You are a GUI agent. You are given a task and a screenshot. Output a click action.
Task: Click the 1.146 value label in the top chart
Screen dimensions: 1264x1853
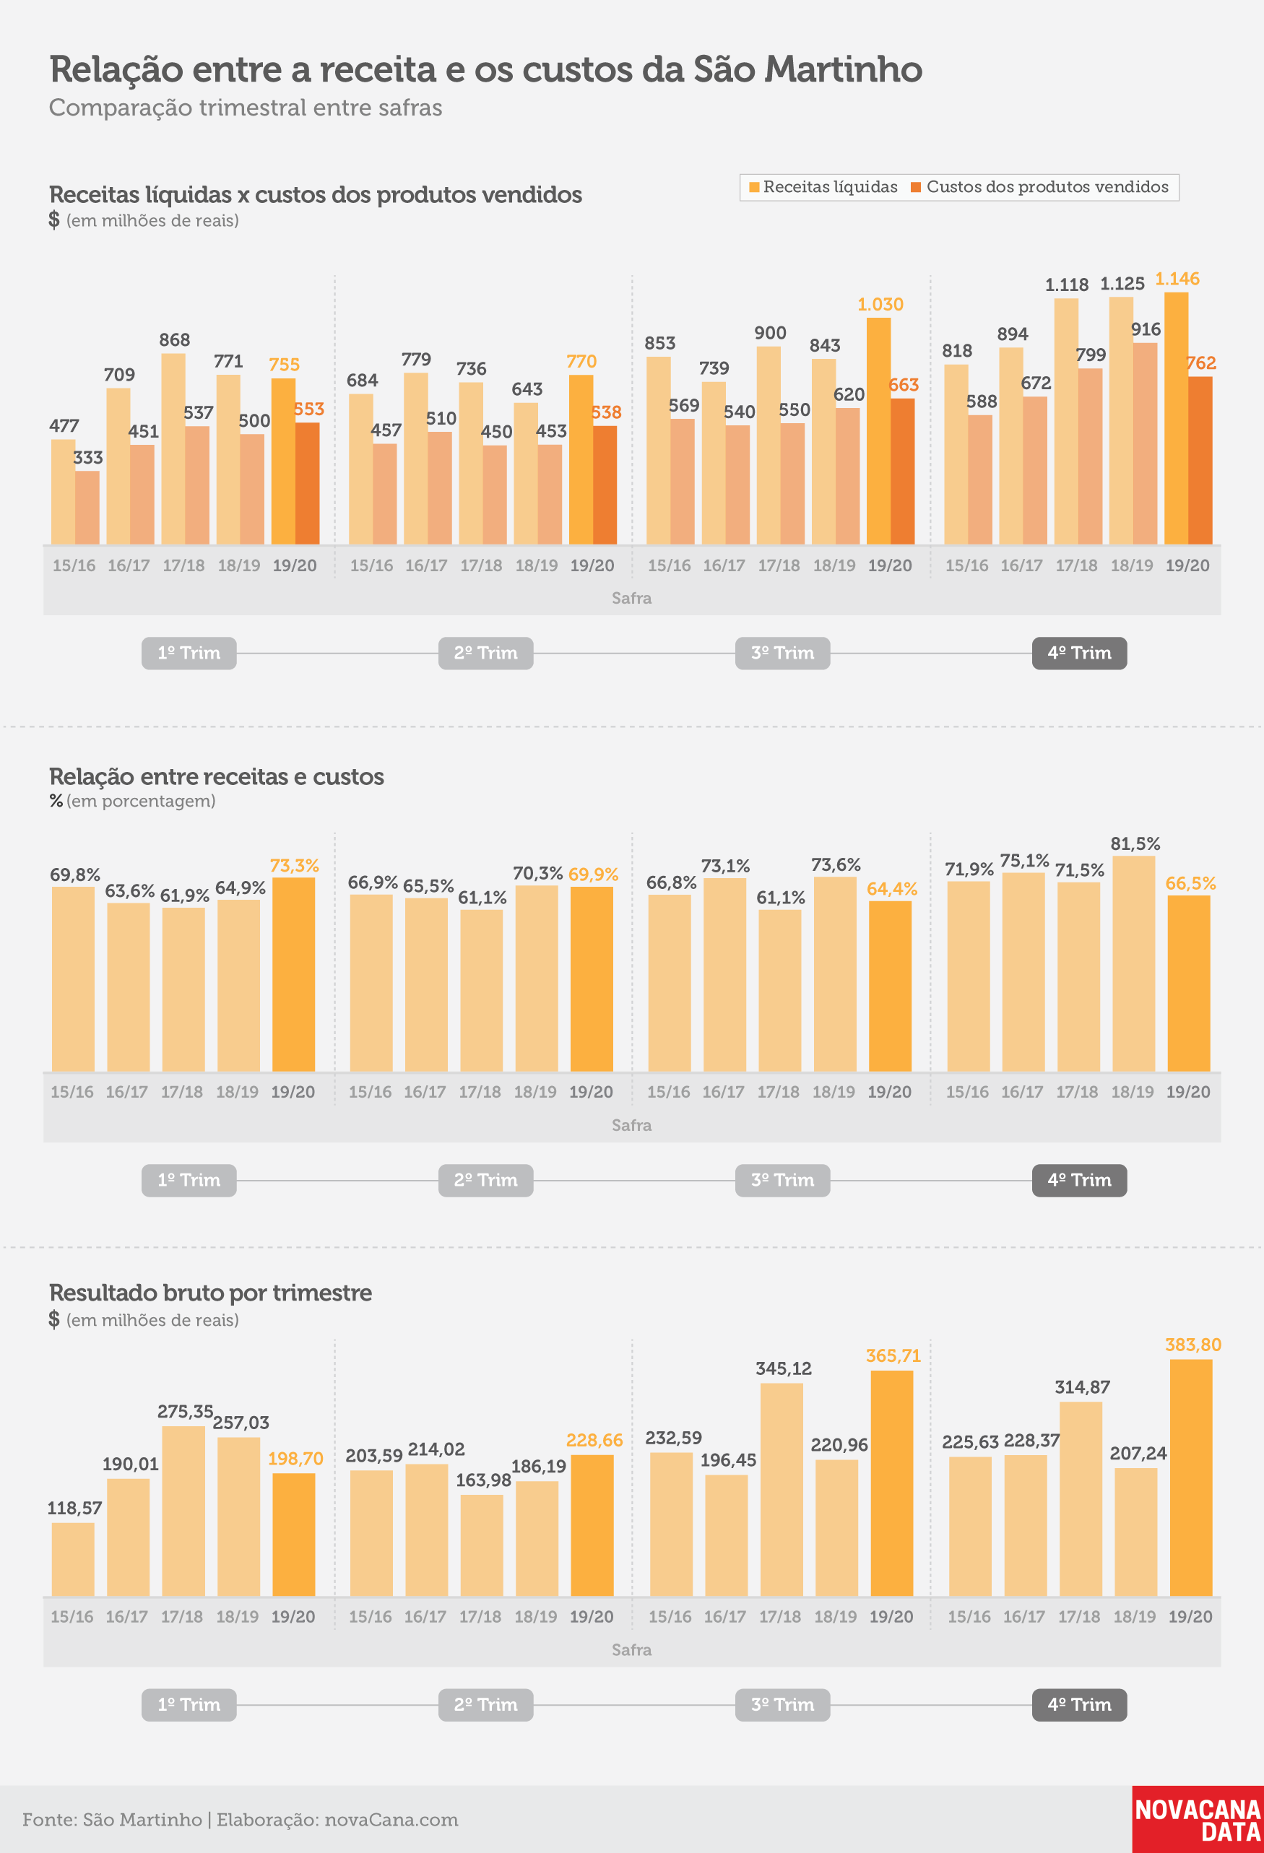click(1177, 279)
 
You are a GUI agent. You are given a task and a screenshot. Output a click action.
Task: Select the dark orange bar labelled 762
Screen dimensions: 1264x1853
click(1200, 460)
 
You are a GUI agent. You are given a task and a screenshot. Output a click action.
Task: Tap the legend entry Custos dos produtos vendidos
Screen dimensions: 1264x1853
click(1040, 187)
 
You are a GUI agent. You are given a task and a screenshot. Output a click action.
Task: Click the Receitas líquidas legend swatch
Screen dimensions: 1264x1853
click(753, 187)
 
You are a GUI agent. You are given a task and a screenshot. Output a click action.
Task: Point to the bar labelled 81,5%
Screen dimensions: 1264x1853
click(1133, 963)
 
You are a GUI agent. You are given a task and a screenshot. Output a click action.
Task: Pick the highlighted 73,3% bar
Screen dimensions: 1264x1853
click(293, 974)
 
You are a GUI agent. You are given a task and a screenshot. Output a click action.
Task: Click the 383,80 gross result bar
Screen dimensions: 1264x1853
click(1190, 1477)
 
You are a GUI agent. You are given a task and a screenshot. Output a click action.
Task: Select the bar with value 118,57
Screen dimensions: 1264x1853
click(72, 1559)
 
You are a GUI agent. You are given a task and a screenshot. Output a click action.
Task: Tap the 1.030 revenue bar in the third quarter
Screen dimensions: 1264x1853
click(879, 431)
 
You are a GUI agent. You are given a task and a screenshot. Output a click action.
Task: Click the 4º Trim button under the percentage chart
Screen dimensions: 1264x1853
click(1079, 1180)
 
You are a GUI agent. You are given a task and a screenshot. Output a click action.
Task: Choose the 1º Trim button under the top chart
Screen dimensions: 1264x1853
click(189, 653)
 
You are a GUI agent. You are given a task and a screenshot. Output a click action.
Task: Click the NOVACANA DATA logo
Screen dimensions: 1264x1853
click(1198, 1819)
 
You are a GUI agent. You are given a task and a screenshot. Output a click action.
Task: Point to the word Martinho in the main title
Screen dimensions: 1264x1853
click(843, 69)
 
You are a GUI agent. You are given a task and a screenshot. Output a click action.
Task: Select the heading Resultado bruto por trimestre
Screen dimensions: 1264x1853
click(210, 1293)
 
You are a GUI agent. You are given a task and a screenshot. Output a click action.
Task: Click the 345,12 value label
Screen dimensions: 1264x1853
click(783, 1368)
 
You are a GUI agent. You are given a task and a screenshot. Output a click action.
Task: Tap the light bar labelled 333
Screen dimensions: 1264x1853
click(87, 508)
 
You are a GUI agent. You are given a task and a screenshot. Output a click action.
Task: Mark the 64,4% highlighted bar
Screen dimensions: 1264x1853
click(890, 986)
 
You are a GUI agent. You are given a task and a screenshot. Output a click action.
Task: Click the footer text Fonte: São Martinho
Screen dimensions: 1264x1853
click(113, 1820)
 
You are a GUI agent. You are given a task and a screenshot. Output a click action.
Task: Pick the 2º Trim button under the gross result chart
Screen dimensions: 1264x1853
click(485, 1705)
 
